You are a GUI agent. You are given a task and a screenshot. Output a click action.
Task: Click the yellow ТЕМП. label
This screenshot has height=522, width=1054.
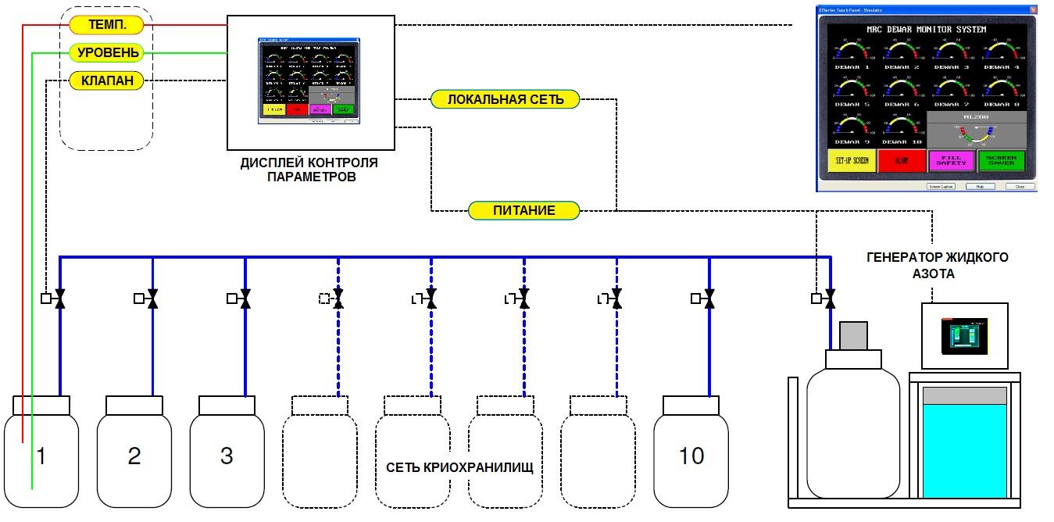[108, 25]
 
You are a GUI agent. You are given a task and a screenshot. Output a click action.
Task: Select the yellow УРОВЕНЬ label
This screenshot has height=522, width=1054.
[108, 53]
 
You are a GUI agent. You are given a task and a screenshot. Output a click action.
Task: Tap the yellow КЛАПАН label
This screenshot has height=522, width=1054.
[108, 80]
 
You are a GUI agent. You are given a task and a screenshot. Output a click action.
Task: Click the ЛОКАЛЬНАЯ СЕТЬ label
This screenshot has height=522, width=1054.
[504, 100]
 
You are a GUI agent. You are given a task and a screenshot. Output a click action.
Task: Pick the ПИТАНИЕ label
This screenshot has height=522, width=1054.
[523, 210]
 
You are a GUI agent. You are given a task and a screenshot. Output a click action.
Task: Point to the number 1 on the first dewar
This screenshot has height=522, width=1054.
[41, 456]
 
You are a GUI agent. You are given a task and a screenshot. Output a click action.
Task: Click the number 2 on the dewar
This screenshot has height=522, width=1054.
[134, 456]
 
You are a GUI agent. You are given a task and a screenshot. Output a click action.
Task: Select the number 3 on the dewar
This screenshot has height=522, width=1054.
[227, 456]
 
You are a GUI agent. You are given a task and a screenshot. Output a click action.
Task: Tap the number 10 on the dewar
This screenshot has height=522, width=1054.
[691, 456]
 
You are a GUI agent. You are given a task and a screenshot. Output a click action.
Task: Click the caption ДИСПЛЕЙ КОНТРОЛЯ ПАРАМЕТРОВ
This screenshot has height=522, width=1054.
[310, 170]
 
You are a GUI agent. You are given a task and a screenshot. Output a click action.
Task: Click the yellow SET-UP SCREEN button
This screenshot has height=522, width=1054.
[851, 161]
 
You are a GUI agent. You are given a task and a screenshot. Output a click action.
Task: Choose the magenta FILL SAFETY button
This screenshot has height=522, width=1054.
[951, 161]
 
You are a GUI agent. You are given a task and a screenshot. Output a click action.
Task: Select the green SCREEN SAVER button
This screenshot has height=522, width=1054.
[1001, 161]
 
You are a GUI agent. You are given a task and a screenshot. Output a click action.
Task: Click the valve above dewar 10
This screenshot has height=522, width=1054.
[709, 298]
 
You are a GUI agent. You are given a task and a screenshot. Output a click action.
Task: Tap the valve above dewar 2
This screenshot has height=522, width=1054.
[152, 298]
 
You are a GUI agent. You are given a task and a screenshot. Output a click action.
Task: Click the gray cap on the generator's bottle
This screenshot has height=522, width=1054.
[855, 336]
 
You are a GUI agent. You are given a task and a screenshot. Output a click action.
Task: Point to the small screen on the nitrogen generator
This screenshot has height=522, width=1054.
[964, 335]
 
